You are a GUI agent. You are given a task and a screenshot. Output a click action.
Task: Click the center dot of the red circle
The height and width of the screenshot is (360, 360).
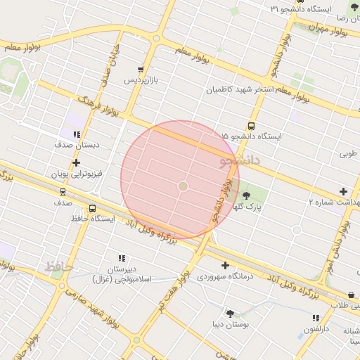[183, 186]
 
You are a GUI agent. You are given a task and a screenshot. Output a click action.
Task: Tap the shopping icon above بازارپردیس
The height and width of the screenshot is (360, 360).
[141, 70]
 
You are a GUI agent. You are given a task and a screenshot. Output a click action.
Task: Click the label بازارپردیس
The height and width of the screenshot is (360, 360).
[141, 80]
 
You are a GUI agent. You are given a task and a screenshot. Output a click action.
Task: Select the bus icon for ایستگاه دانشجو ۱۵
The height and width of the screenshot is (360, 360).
[252, 126]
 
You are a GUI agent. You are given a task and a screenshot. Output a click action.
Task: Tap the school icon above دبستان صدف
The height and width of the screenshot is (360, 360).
[77, 134]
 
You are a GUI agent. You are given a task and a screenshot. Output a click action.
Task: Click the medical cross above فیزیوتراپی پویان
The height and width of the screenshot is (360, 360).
[77, 162]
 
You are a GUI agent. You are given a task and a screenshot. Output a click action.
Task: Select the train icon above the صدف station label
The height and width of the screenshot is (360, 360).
[63, 191]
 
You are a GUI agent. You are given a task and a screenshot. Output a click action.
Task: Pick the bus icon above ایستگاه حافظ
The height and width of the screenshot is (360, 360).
[93, 209]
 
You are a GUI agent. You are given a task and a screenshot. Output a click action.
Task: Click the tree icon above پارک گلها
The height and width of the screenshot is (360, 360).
[246, 195]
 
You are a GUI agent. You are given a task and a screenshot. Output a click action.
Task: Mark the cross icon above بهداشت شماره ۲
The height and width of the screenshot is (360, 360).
[343, 191]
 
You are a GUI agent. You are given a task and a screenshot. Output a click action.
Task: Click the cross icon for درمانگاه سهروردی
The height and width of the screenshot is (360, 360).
[225, 265]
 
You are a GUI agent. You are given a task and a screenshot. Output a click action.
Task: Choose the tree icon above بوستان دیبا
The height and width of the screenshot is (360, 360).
[229, 314]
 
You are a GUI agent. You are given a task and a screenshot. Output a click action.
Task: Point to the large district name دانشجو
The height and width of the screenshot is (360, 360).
[240, 161]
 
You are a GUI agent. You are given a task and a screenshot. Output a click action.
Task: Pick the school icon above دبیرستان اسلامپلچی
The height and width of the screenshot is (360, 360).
[122, 258]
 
